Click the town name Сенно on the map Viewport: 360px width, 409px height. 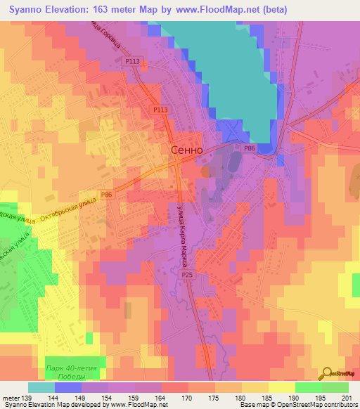point(187,150)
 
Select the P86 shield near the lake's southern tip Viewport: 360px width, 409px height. point(249,148)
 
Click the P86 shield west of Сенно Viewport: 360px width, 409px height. point(106,194)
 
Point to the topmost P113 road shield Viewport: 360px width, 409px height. point(133,62)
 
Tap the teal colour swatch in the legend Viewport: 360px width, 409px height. point(41,387)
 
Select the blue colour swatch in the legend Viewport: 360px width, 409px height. point(68,387)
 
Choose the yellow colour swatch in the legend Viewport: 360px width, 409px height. point(282,387)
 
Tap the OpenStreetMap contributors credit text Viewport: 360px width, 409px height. point(323,405)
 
